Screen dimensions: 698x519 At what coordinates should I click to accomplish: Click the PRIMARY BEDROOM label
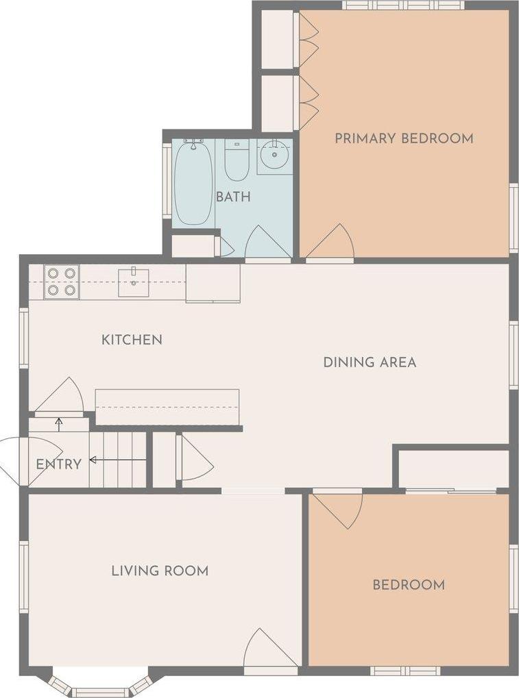coord(404,138)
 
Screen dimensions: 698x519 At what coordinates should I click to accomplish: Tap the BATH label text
coord(233,197)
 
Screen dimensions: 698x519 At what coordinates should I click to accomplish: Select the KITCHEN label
coord(132,340)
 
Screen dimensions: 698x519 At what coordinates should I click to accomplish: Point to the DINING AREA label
coord(370,362)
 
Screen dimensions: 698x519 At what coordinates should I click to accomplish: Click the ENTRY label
coord(59,464)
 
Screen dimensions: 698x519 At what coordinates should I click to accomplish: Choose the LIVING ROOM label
coord(160,571)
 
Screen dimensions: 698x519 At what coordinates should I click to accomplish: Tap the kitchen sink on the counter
coord(134,282)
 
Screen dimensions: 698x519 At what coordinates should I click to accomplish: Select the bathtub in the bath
coord(193,183)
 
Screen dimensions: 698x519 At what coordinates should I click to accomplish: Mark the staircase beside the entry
coord(118,459)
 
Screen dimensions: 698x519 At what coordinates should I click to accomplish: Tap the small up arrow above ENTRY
coord(59,424)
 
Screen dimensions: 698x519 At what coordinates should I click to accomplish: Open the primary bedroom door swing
coord(332,243)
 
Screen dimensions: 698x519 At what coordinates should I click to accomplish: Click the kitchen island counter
coord(167,407)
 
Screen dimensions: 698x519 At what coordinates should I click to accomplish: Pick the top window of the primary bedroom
coord(403,5)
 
